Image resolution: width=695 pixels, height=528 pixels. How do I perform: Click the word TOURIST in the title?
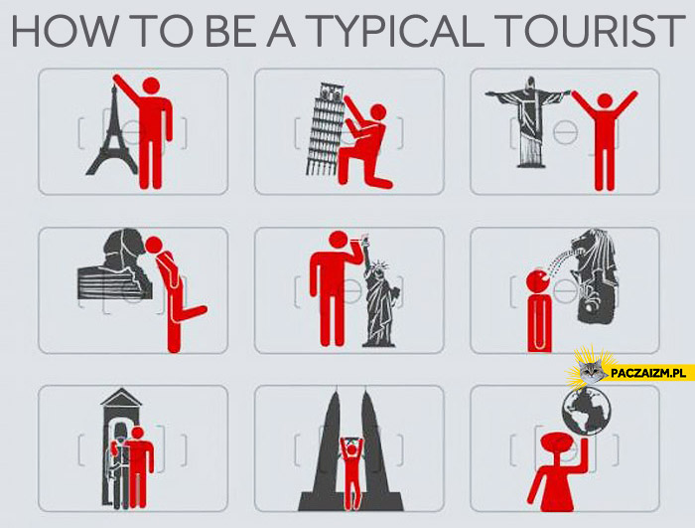click(x=588, y=31)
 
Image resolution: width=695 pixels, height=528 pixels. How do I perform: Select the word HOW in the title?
click(x=65, y=31)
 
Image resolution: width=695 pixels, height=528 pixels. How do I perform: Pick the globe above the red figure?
click(x=587, y=411)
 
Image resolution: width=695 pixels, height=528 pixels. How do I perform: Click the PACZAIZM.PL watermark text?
click(x=645, y=373)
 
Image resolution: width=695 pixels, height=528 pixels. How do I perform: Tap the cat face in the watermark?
click(x=592, y=371)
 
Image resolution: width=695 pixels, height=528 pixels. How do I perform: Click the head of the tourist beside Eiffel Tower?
click(x=151, y=87)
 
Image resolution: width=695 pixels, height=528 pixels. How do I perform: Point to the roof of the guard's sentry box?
click(x=121, y=398)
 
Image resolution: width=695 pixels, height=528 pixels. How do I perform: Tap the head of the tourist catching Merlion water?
click(x=538, y=281)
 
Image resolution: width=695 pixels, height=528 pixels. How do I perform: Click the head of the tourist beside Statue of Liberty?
click(x=340, y=240)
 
